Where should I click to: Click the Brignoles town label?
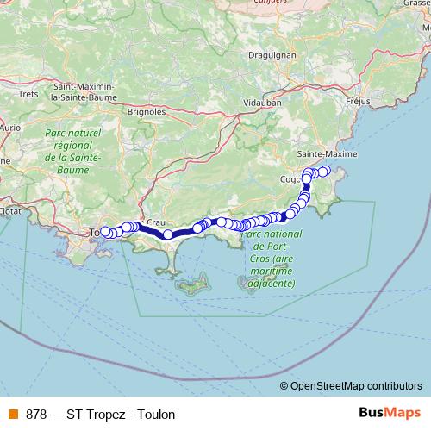coord(146,111)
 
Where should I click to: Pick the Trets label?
coord(28,94)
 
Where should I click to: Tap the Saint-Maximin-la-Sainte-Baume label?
coord(86,92)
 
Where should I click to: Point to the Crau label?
coord(156,222)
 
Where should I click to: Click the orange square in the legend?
coord(11,414)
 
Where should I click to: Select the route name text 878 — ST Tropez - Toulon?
coord(101,414)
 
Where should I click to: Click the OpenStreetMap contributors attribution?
coord(356,386)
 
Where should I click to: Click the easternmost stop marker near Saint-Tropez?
coord(325,171)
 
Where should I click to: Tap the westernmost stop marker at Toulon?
coord(104,231)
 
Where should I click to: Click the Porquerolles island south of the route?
coord(194,284)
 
